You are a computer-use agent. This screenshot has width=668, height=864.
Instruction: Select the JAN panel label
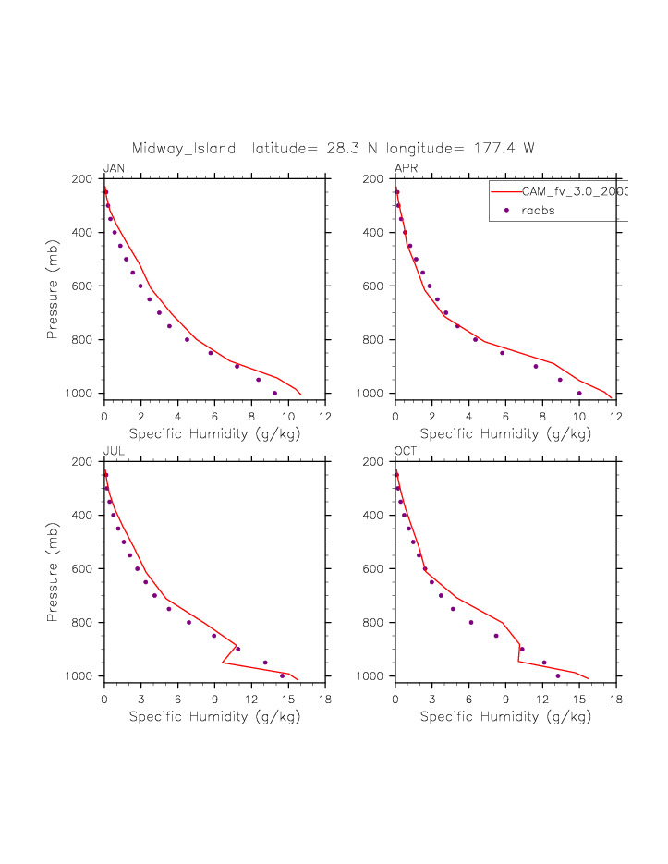(115, 168)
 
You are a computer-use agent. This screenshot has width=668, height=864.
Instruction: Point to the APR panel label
(406, 168)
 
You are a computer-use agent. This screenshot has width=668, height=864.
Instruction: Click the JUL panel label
(114, 451)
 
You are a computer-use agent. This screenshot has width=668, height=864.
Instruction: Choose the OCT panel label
(407, 451)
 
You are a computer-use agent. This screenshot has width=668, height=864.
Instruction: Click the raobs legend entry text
(538, 211)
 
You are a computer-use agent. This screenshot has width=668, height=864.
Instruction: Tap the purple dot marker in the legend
(506, 211)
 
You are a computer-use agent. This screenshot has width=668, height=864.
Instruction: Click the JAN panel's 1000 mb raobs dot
(274, 393)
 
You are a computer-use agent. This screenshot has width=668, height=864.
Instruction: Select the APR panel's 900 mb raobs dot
(536, 366)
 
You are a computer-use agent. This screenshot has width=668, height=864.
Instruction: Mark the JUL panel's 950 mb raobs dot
(265, 663)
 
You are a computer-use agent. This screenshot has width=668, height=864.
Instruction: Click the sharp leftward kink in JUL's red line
(223, 663)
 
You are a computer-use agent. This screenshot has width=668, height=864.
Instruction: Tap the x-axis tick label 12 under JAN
(325, 417)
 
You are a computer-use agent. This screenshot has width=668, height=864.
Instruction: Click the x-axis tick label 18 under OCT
(616, 700)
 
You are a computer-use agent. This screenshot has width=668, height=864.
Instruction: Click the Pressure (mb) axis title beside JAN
(53, 286)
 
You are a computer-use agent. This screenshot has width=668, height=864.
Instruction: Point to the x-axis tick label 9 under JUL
(214, 700)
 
